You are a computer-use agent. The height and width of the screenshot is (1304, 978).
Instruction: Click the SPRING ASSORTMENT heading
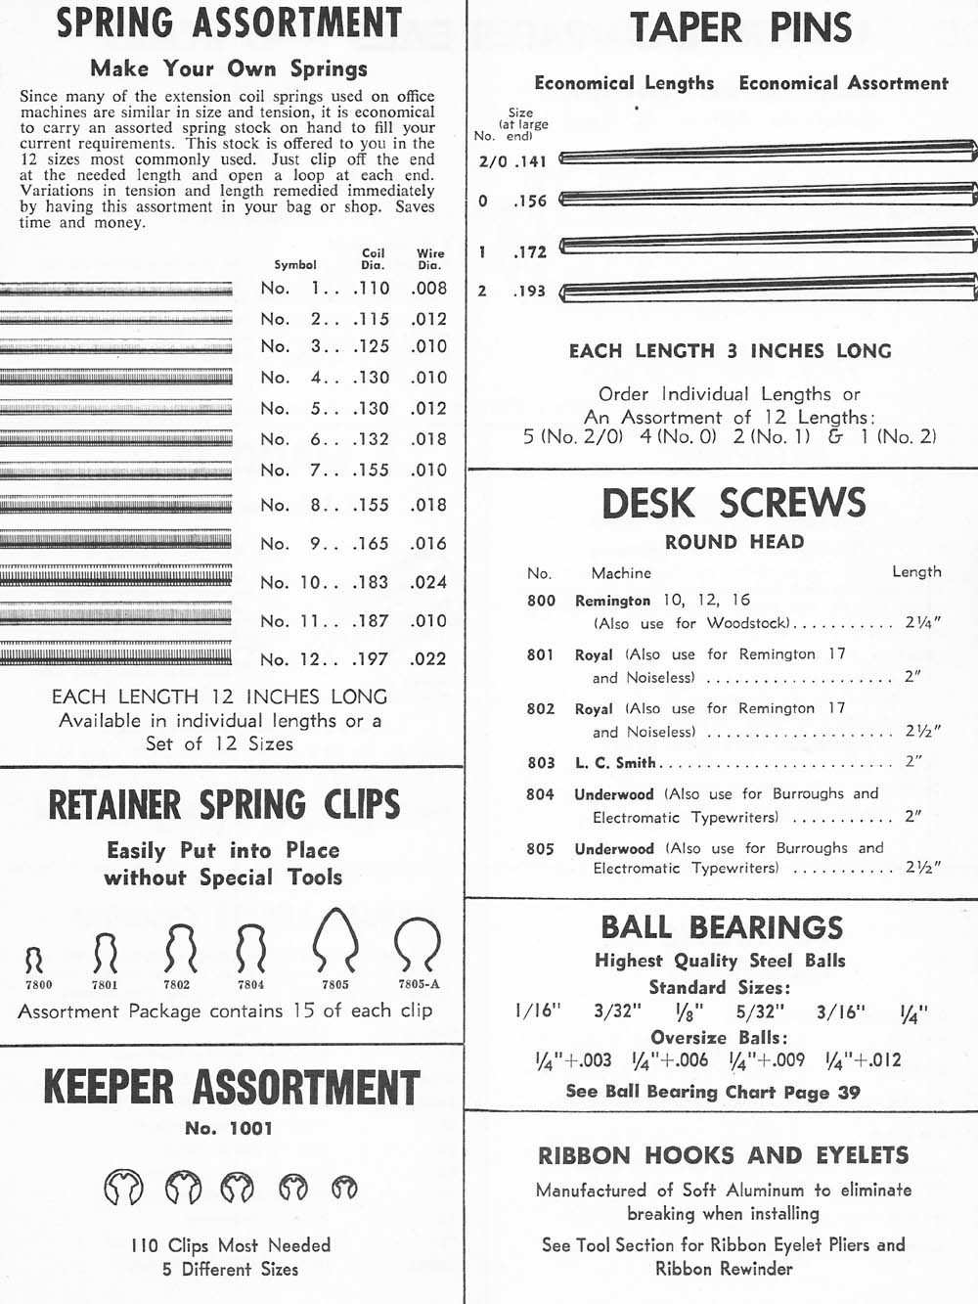(x=229, y=22)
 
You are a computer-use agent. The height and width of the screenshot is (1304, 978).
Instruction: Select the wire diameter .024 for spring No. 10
(x=428, y=582)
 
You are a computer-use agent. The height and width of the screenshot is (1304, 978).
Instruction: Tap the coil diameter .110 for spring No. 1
(x=371, y=289)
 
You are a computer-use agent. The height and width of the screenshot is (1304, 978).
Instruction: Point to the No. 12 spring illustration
(x=115, y=654)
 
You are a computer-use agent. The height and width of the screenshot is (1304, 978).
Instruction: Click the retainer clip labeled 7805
(x=335, y=940)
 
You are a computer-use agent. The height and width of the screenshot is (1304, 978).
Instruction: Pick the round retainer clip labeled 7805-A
(x=418, y=945)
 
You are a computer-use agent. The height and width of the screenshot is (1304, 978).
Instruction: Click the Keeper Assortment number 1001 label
(x=229, y=1128)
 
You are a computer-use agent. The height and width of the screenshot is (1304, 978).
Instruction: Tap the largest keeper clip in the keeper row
(x=123, y=1188)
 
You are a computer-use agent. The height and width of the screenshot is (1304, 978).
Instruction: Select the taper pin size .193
(x=529, y=291)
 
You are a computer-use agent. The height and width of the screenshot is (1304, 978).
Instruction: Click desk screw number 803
(x=541, y=763)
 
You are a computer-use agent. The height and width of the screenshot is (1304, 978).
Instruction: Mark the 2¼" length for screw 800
(x=922, y=623)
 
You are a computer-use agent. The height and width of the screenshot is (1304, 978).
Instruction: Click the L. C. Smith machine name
(x=615, y=763)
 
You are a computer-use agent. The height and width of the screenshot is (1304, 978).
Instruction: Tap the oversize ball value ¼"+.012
(x=863, y=1060)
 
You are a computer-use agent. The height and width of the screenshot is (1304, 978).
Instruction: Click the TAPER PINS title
(x=740, y=28)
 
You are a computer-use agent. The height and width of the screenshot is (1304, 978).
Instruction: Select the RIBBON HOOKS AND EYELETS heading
(x=723, y=1155)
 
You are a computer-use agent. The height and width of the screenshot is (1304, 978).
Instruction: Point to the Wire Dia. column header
(x=430, y=258)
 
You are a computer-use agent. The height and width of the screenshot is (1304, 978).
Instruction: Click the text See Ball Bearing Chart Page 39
(x=713, y=1092)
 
